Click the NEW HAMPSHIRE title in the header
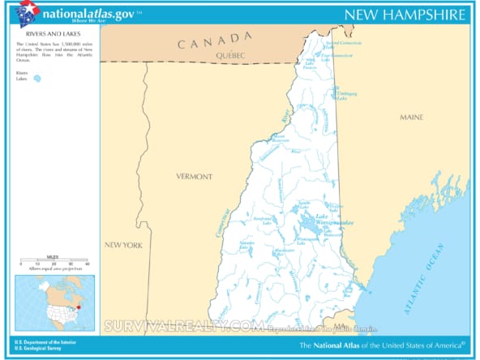[405, 15]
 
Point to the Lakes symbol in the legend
[36, 79]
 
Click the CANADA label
[215, 40]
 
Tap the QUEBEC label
[231, 55]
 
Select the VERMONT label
[195, 176]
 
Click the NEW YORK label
[122, 244]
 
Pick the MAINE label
[411, 118]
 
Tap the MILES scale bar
[53, 259]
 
